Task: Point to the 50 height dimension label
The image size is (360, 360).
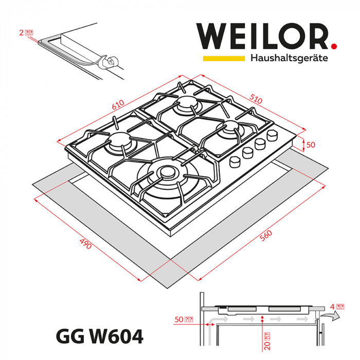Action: [310, 145]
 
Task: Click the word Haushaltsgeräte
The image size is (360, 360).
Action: [289, 58]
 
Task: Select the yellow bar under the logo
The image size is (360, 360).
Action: [223, 59]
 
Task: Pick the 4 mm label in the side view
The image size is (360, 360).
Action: [336, 307]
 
